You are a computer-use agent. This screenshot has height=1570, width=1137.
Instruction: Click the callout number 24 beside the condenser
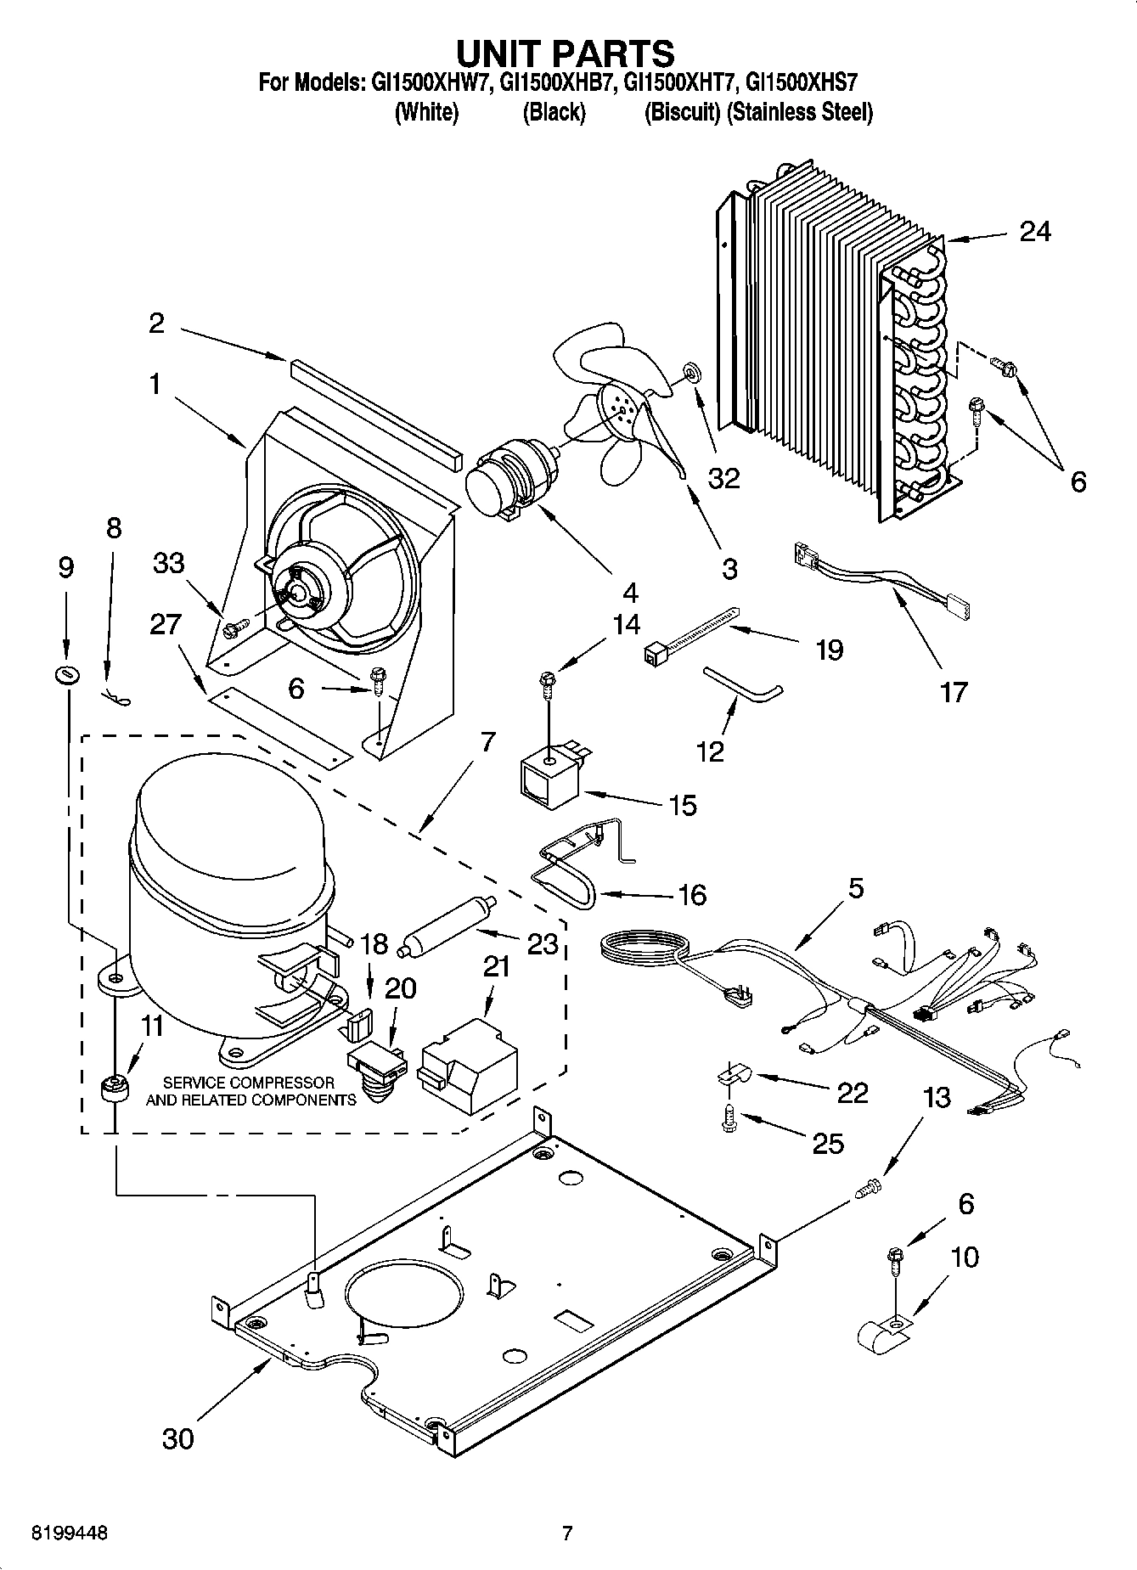(1034, 231)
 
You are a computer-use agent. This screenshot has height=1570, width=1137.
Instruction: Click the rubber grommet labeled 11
(113, 1088)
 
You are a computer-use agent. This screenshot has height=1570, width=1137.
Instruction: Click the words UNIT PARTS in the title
(566, 53)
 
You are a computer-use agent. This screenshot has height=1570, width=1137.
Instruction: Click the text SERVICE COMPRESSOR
(249, 1083)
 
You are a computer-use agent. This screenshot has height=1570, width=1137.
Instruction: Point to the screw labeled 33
(234, 629)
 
